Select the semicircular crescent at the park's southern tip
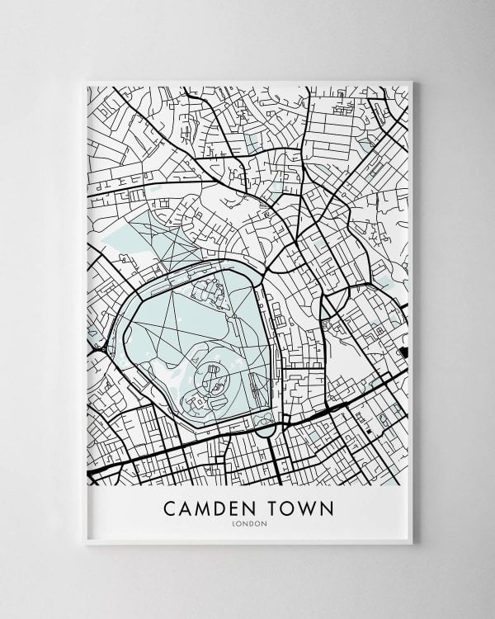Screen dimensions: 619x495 (x=264, y=429)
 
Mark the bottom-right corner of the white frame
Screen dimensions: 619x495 (x=412, y=544)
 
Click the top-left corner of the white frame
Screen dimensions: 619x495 (x=86, y=82)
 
